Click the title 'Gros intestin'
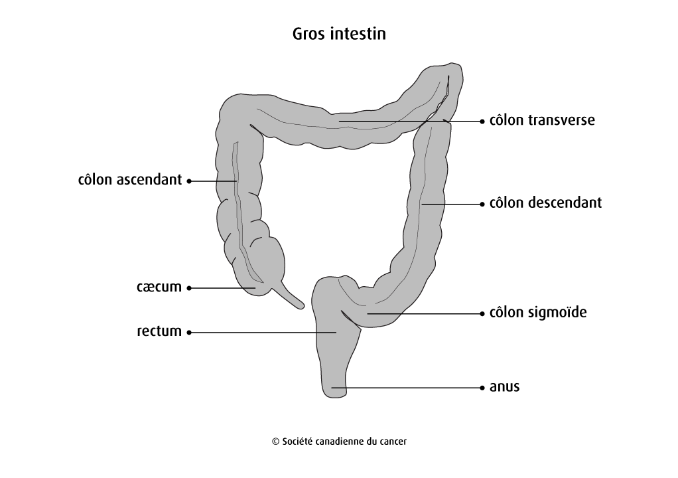(339, 34)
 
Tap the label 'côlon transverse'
(542, 119)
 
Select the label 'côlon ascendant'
(130, 179)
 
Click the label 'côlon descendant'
(545, 202)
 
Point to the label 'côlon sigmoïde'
(538, 312)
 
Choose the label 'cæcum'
(159, 287)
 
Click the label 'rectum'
(159, 331)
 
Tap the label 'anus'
(504, 387)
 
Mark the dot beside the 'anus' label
(482, 388)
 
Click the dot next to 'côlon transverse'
(482, 121)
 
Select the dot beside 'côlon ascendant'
(189, 181)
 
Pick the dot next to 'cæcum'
(189, 288)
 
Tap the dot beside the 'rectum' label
(189, 333)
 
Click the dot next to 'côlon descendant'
(482, 204)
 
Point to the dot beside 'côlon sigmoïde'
(482, 313)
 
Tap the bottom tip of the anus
(335, 398)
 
